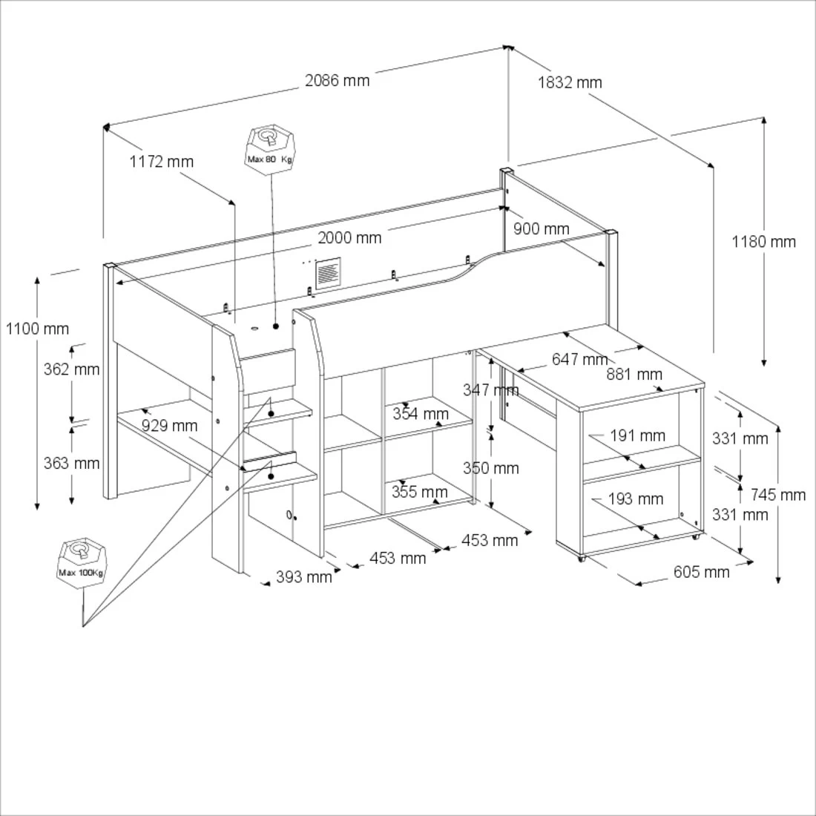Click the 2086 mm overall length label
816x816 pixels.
pyautogui.click(x=338, y=80)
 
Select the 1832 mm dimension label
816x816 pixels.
pyautogui.click(x=570, y=82)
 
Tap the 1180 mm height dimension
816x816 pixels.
pyautogui.click(x=763, y=241)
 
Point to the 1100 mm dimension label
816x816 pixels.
pyautogui.click(x=37, y=329)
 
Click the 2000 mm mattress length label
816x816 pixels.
pyautogui.click(x=349, y=237)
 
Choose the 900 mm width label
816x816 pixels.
pyautogui.click(x=542, y=228)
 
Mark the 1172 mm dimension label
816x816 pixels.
pyautogui.click(x=161, y=161)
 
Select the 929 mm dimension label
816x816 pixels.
pyautogui.click(x=169, y=425)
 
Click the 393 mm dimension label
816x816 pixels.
pyautogui.click(x=304, y=576)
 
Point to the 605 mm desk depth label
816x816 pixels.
pyautogui.click(x=701, y=571)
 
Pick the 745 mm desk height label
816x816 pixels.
pyautogui.click(x=777, y=494)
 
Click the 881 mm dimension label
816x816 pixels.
pyautogui.click(x=634, y=374)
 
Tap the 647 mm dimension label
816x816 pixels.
pyautogui.click(x=579, y=360)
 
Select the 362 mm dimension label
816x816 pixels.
pyautogui.click(x=71, y=369)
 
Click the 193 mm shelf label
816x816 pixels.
pyautogui.click(x=636, y=499)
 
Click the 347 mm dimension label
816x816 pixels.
pyautogui.click(x=490, y=389)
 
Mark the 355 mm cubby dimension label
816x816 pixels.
pyautogui.click(x=420, y=492)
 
